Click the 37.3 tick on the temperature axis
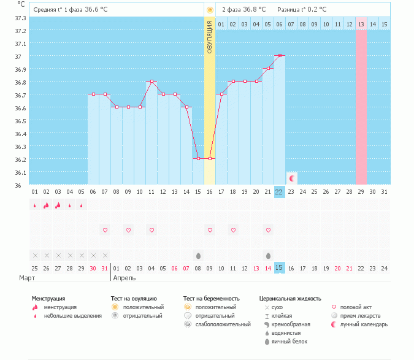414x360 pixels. [x=20, y=18]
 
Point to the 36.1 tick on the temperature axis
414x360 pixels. [x=20, y=173]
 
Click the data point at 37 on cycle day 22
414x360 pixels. [x=280, y=55]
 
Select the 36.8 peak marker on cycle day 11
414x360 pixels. [x=151, y=81]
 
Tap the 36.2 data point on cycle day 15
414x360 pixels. [x=198, y=158]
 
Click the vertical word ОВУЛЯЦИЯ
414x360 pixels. [x=210, y=36]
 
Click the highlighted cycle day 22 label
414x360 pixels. [x=280, y=192]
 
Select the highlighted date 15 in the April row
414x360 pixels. [x=280, y=268]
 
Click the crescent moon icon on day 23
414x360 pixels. [x=292, y=178]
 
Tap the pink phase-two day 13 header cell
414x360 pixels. [x=361, y=24]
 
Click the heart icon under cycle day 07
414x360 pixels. [x=105, y=230]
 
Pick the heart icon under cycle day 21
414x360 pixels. [x=268, y=230]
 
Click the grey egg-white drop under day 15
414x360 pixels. [x=198, y=255]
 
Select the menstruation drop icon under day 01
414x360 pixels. [x=35, y=205]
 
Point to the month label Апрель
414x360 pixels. [x=125, y=278]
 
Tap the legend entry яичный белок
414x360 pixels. [x=290, y=341]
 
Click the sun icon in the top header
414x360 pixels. [x=210, y=10]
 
